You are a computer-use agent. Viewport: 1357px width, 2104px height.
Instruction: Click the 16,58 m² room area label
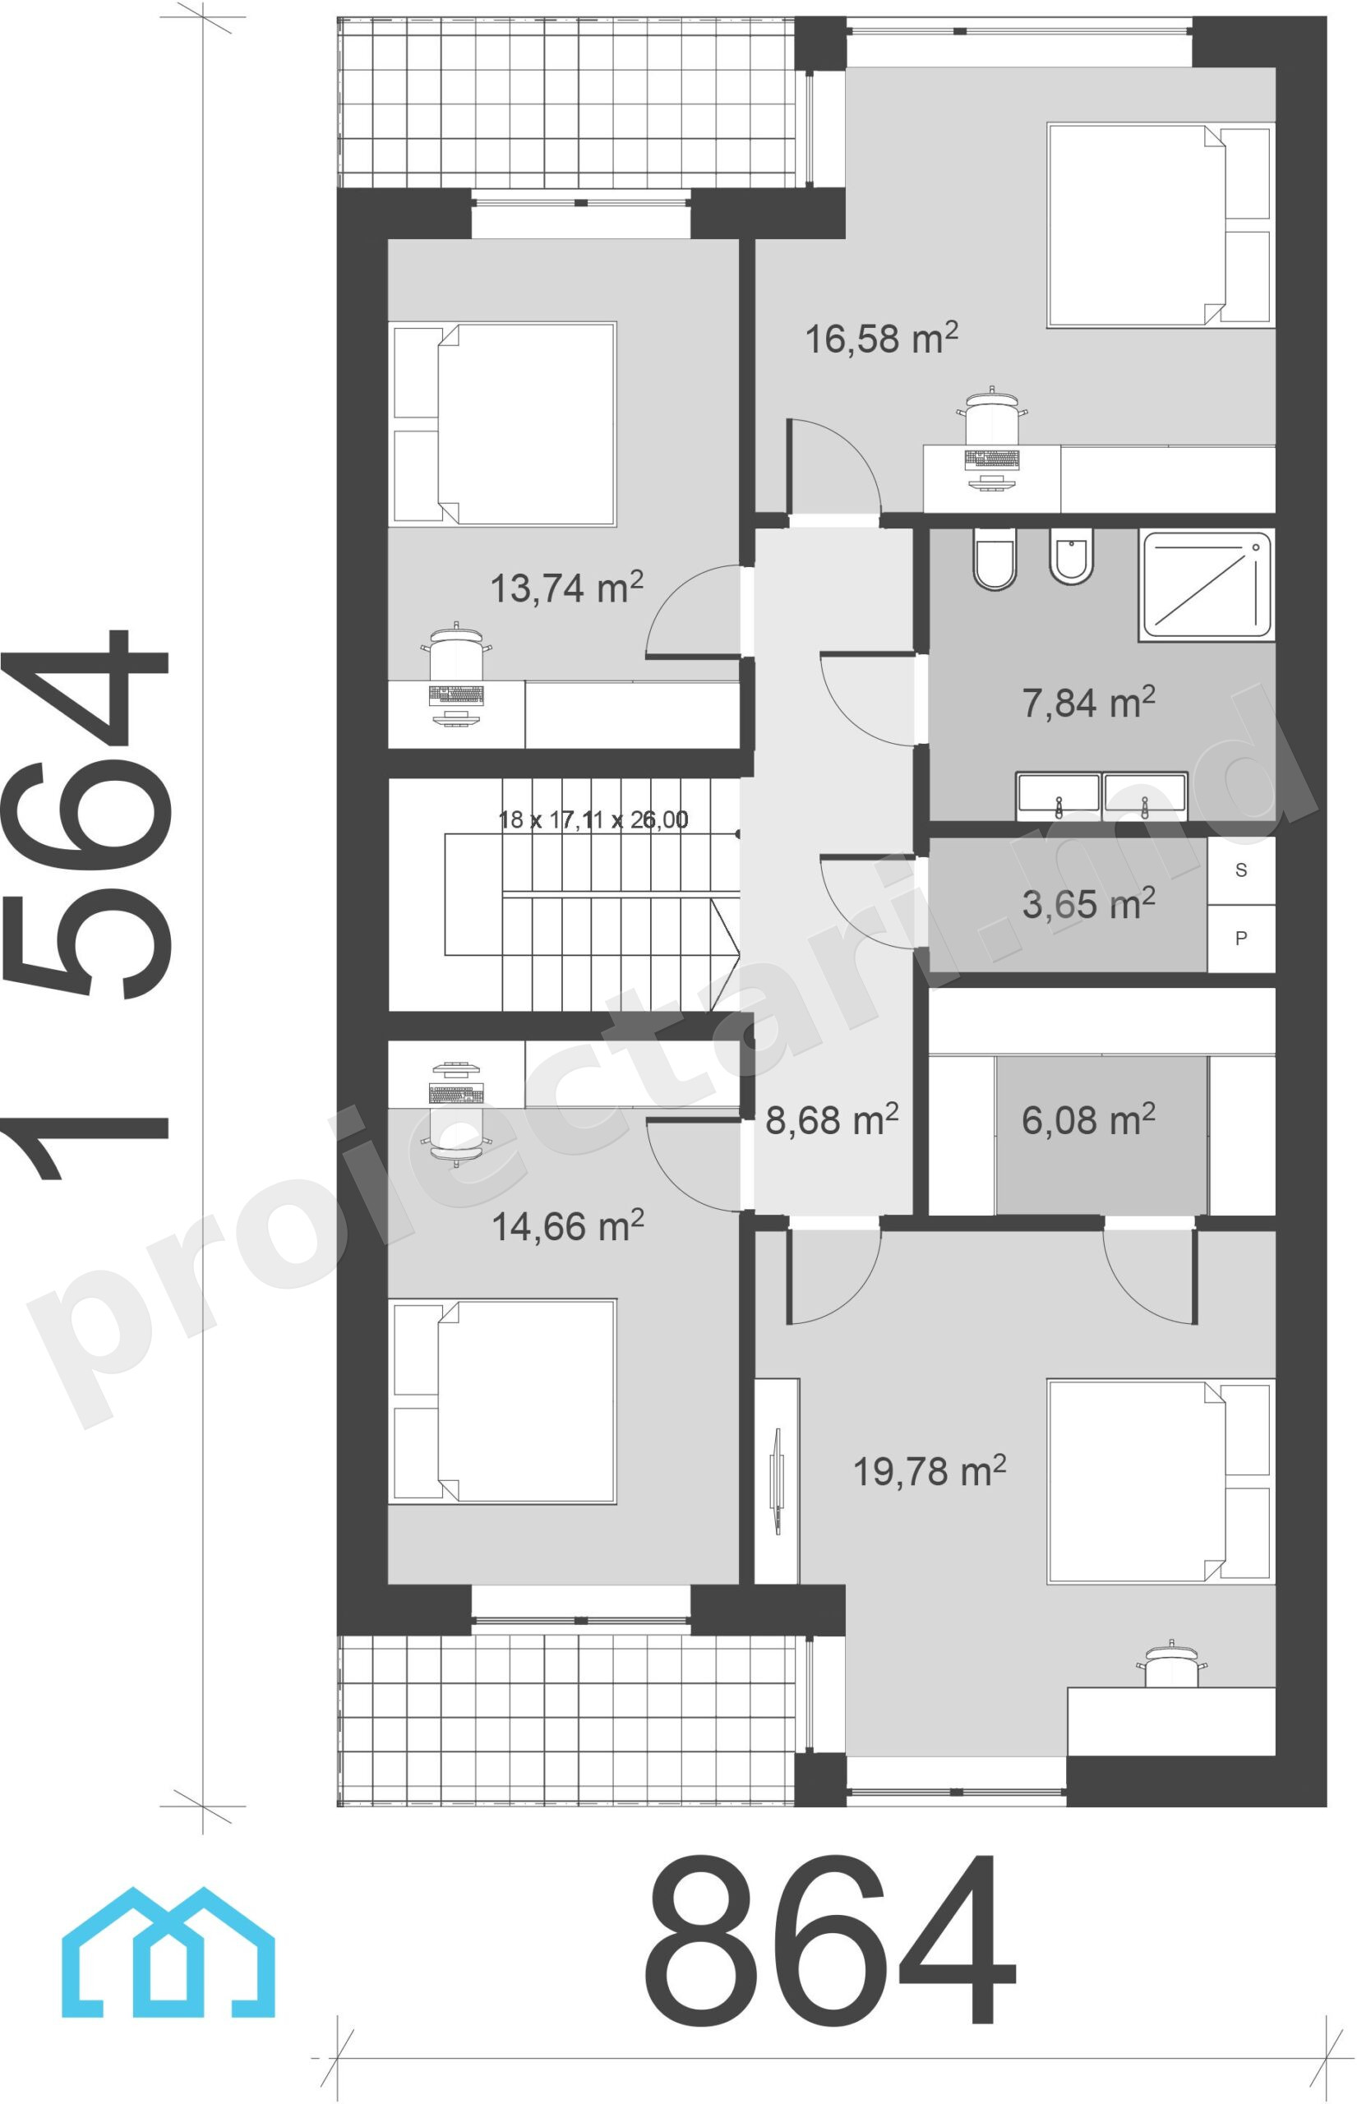[881, 339]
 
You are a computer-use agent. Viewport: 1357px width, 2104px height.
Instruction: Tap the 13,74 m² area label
[566, 588]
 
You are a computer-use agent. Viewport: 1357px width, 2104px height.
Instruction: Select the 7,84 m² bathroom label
[1088, 702]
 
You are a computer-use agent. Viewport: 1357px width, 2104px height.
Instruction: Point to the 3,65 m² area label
[1088, 904]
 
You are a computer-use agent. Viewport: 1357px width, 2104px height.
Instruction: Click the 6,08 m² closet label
[1088, 1120]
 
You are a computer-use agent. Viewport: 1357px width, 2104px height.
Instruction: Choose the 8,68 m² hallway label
[832, 1120]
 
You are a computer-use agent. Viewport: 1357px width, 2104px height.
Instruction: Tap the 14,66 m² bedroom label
[567, 1225]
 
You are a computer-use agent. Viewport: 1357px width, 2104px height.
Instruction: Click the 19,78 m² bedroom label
[930, 1470]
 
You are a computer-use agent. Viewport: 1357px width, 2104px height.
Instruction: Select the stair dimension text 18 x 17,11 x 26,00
[593, 819]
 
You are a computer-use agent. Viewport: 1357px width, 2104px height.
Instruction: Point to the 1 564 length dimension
[85, 904]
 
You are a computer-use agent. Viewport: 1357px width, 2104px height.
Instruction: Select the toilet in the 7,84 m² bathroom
[995, 559]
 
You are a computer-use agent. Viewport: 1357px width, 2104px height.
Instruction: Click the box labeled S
[1240, 870]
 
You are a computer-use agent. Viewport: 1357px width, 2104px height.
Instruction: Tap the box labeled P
[1240, 939]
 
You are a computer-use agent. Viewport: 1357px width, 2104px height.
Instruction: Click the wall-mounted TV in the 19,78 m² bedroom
[777, 1480]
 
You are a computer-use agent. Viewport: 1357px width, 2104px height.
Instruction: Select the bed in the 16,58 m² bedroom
[1161, 225]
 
